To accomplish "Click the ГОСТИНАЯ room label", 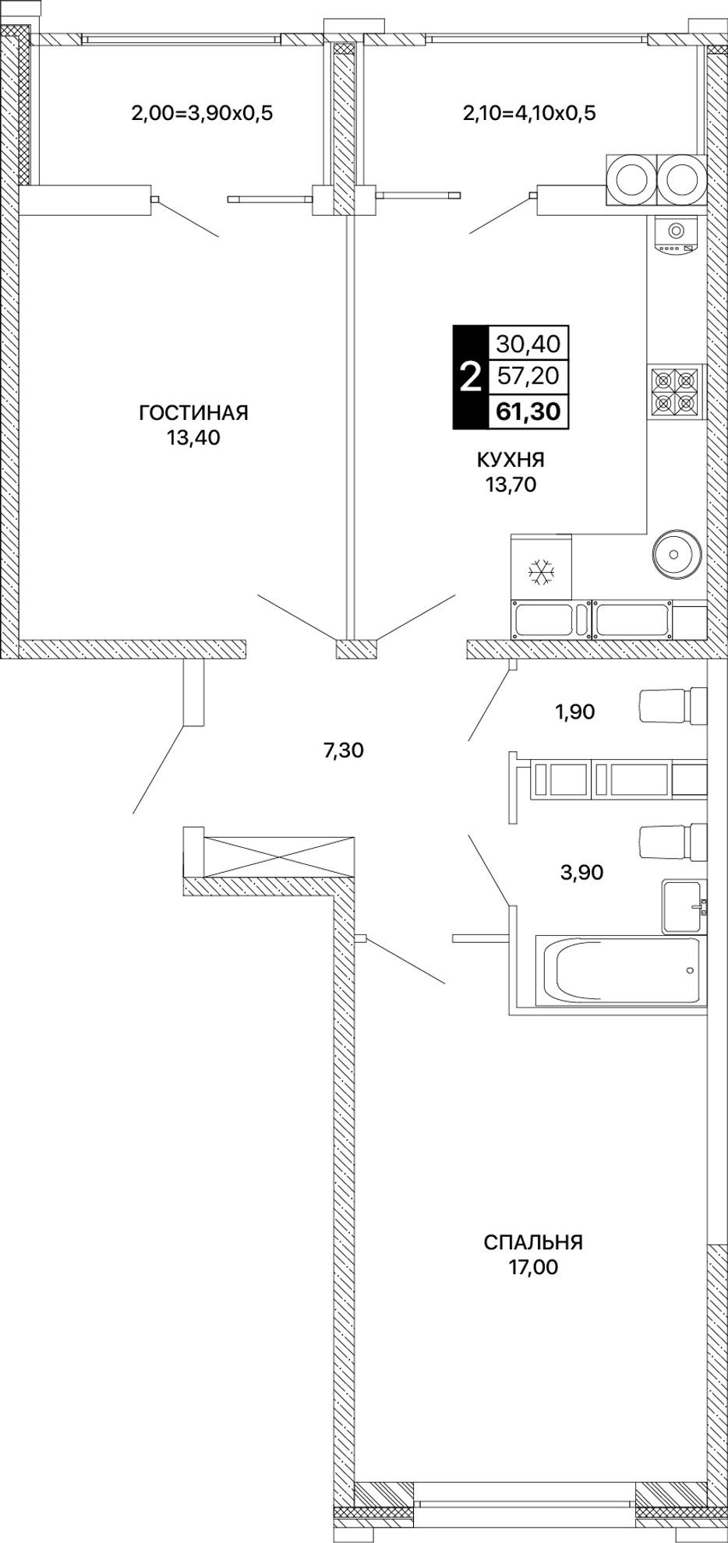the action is click(193, 411).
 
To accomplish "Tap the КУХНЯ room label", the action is click(511, 460).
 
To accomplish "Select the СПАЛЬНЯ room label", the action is click(533, 1241).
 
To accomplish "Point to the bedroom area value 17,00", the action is click(533, 1267).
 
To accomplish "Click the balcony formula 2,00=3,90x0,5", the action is click(203, 113).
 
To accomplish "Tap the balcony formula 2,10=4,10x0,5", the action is click(529, 113).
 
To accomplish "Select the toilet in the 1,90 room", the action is click(672, 706).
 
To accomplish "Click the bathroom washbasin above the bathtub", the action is click(685, 906).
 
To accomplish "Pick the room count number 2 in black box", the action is click(470, 376).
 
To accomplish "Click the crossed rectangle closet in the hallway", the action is click(278, 855).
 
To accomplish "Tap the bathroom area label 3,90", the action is click(581, 872).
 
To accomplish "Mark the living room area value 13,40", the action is click(193, 437).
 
